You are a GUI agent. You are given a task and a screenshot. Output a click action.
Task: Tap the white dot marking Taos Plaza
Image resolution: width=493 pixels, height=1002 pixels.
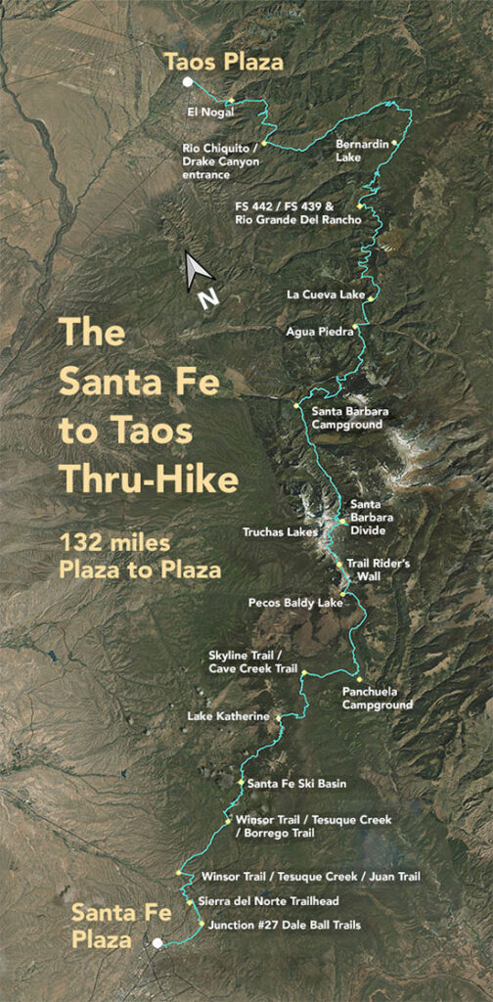(187, 83)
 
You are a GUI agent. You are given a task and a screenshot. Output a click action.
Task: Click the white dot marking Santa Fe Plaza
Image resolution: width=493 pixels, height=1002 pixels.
(156, 943)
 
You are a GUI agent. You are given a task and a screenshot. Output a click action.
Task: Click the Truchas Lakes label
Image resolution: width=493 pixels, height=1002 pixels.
(281, 532)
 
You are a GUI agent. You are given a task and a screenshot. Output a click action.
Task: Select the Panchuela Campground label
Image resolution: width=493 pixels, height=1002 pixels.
(378, 697)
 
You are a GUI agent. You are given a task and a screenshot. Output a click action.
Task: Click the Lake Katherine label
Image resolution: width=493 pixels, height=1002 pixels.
(228, 716)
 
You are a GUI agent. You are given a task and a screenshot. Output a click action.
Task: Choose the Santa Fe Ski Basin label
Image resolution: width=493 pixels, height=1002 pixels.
(296, 783)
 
